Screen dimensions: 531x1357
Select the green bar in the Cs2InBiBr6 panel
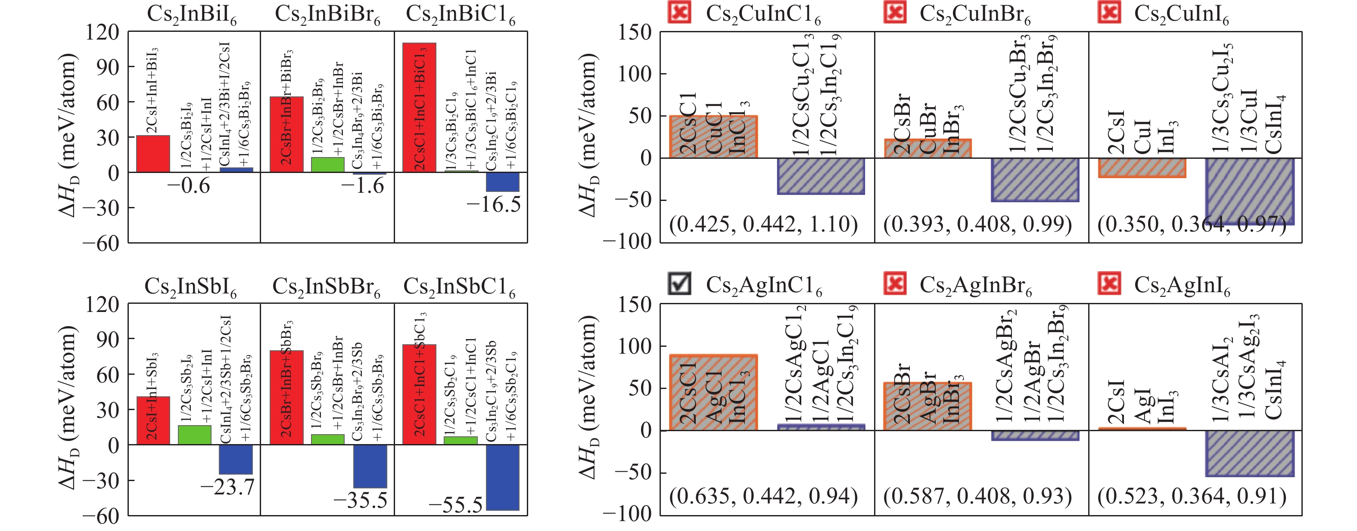pyautogui.click(x=328, y=165)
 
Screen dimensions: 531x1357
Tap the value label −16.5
pyautogui.click(x=493, y=204)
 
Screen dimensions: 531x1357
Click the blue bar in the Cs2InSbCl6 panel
pyautogui.click(x=503, y=477)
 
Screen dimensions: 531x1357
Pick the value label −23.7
pyautogui.click(x=227, y=487)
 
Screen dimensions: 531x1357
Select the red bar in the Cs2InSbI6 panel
pyautogui.click(x=153, y=420)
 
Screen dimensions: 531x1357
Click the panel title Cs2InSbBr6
pyautogui.click(x=326, y=287)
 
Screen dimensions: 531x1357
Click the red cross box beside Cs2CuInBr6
pyautogui.click(x=894, y=12)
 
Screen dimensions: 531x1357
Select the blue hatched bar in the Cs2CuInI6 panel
pyautogui.click(x=1250, y=191)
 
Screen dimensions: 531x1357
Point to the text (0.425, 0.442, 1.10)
pyautogui.click(x=763, y=224)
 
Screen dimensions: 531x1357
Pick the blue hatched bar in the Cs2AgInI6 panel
pyautogui.click(x=1250, y=454)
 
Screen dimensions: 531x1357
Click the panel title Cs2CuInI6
pyautogui.click(x=1181, y=14)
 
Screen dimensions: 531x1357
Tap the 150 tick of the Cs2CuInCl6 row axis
pyautogui.click(x=635, y=32)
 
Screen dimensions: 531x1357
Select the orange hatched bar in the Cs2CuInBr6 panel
pyautogui.click(x=927, y=148)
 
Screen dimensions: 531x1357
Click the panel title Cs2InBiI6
pyautogui.click(x=191, y=14)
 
